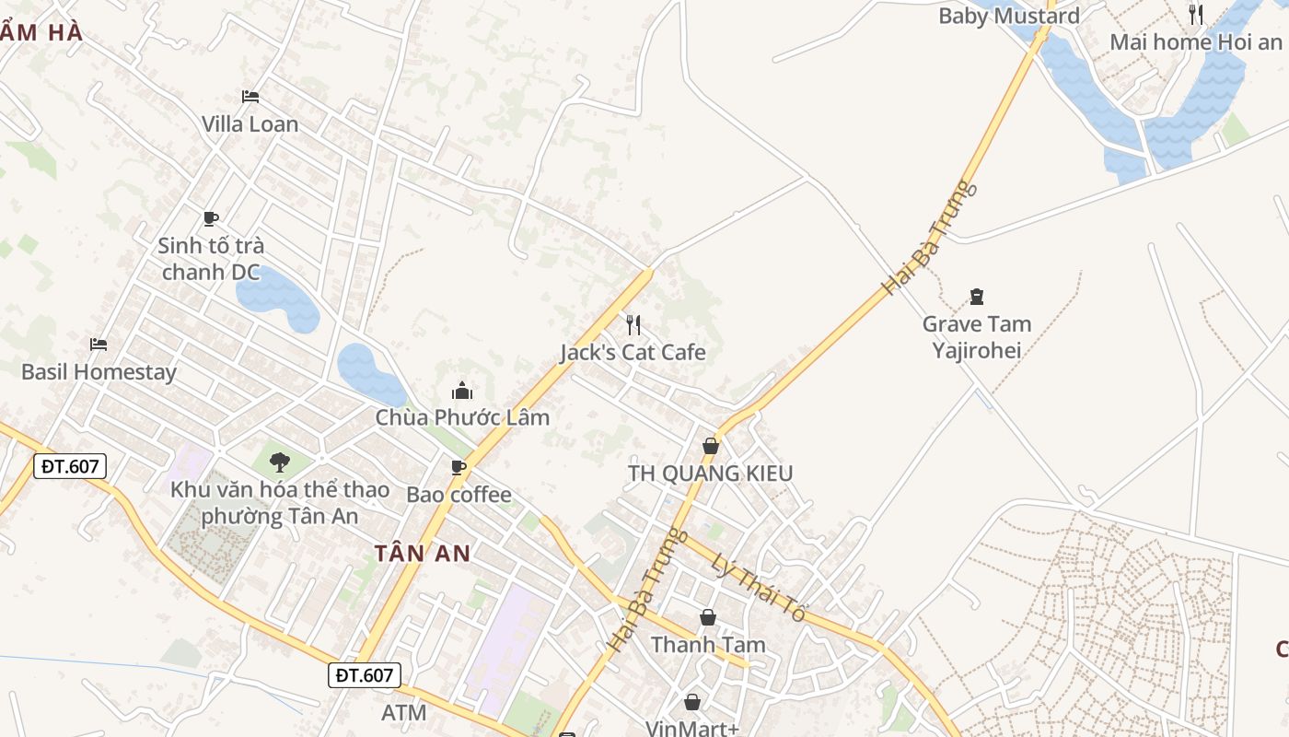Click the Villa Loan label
coord(250,124)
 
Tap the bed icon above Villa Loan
coord(250,96)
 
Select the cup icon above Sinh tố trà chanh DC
coord(211,218)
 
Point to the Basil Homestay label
coord(99,372)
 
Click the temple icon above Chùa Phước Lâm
coord(462,391)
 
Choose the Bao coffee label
coord(459,495)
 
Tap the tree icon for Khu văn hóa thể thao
coord(279,462)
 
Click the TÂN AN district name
coord(423,554)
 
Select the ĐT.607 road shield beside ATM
coord(365,675)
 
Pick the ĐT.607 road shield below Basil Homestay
coord(70,466)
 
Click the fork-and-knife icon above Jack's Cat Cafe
coord(633,324)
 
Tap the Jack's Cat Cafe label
coord(633,352)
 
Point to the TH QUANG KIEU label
coord(710,474)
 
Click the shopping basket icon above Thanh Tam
coord(708,616)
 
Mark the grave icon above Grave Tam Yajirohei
coord(977,297)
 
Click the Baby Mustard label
coord(1008,16)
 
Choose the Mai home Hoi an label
coord(1195,41)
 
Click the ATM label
coord(404,712)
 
